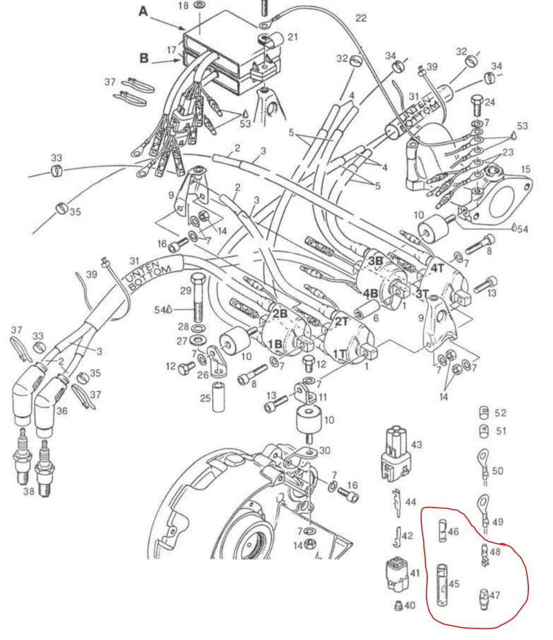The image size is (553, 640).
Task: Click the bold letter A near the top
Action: click(143, 11)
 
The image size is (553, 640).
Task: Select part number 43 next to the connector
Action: click(417, 446)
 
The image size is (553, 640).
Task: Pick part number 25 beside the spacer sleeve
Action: click(205, 397)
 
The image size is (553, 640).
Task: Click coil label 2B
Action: click(280, 313)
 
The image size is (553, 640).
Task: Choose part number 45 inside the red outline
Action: click(453, 584)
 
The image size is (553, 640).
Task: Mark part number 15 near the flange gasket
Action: click(526, 170)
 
